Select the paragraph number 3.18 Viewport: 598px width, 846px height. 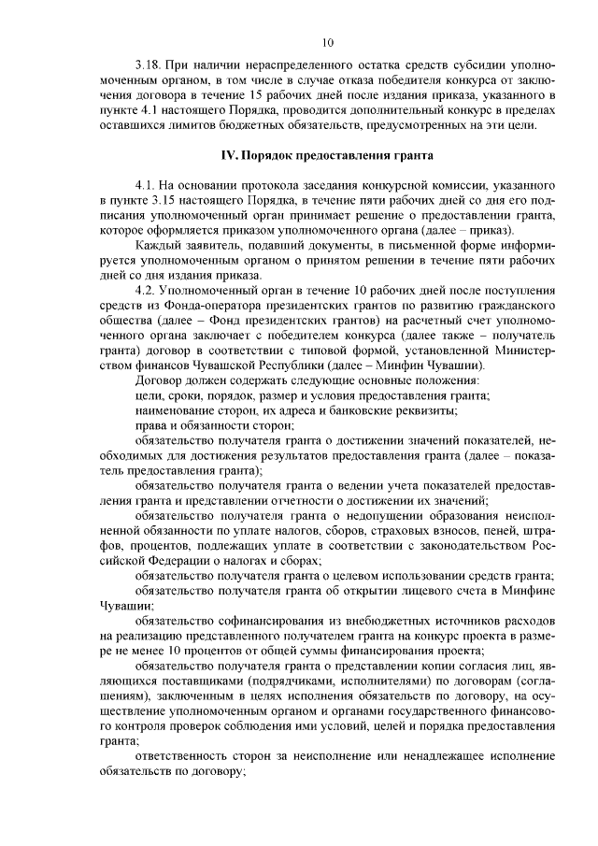(x=149, y=67)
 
